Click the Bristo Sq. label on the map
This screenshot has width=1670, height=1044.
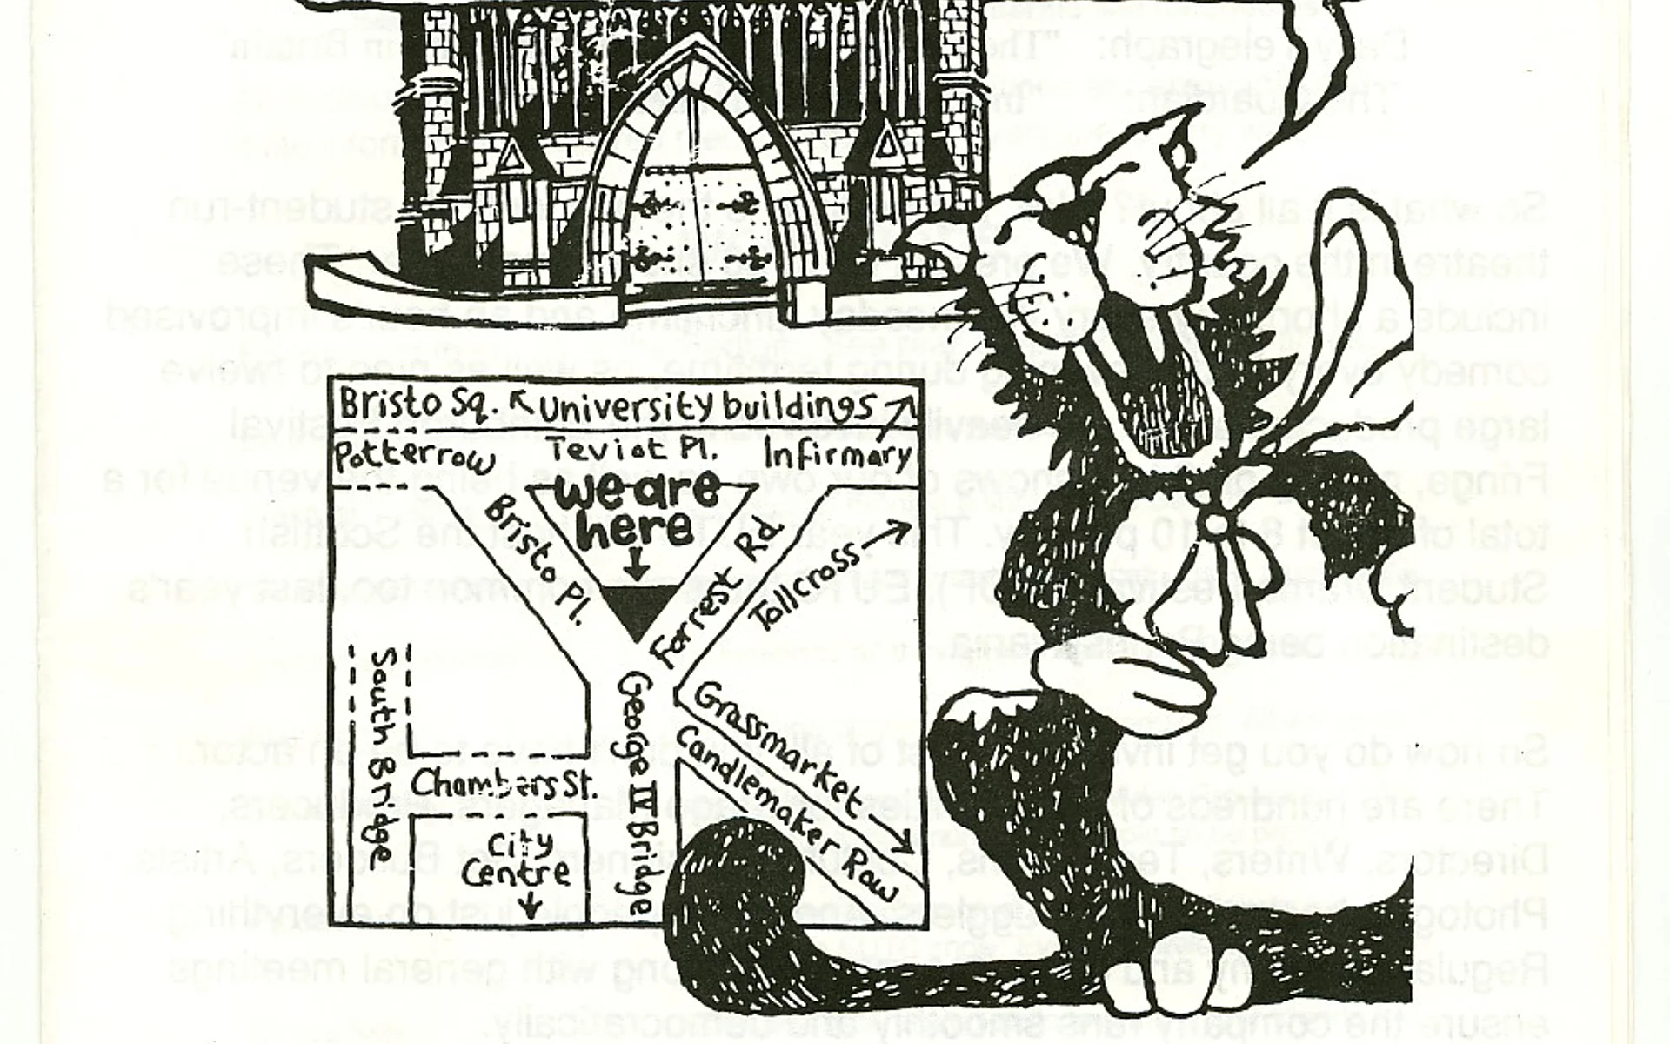[418, 405]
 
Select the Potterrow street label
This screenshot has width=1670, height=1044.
[414, 456]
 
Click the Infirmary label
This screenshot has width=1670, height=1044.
[837, 453]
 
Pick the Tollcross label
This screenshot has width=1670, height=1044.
[807, 585]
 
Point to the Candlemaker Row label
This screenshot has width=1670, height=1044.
[784, 814]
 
